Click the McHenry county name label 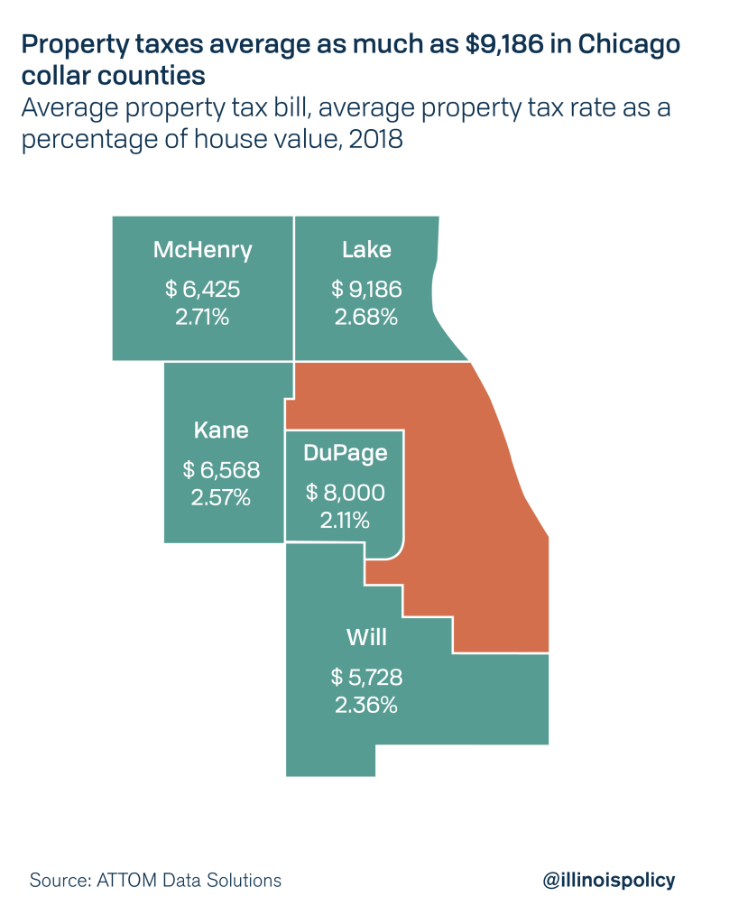tap(202, 250)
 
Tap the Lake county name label tap(366, 250)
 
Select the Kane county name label tap(221, 430)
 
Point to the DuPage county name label tap(345, 453)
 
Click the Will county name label tap(366, 637)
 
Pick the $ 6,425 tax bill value tap(202, 290)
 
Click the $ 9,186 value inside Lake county tap(366, 290)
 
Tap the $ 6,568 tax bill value tap(221, 470)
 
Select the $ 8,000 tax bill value tap(345, 493)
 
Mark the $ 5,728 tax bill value tap(366, 677)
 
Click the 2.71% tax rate tap(202, 318)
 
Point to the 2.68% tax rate tap(366, 318)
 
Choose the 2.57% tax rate tap(221, 498)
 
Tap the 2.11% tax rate tap(345, 521)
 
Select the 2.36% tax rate tap(366, 705)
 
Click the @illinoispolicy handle tap(609, 880)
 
